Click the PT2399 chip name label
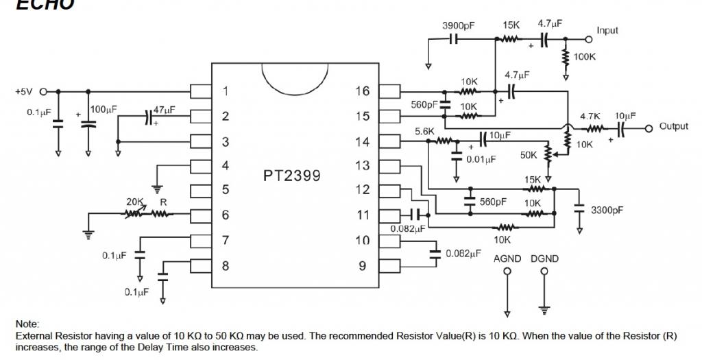(291, 175)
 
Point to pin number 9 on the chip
(363, 265)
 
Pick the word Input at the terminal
(607, 31)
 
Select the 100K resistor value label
(585, 57)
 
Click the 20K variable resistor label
(134, 202)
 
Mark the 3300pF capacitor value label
(607, 210)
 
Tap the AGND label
(507, 259)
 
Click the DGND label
(544, 259)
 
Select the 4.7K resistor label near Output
(590, 117)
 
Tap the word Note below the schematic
(27, 324)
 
